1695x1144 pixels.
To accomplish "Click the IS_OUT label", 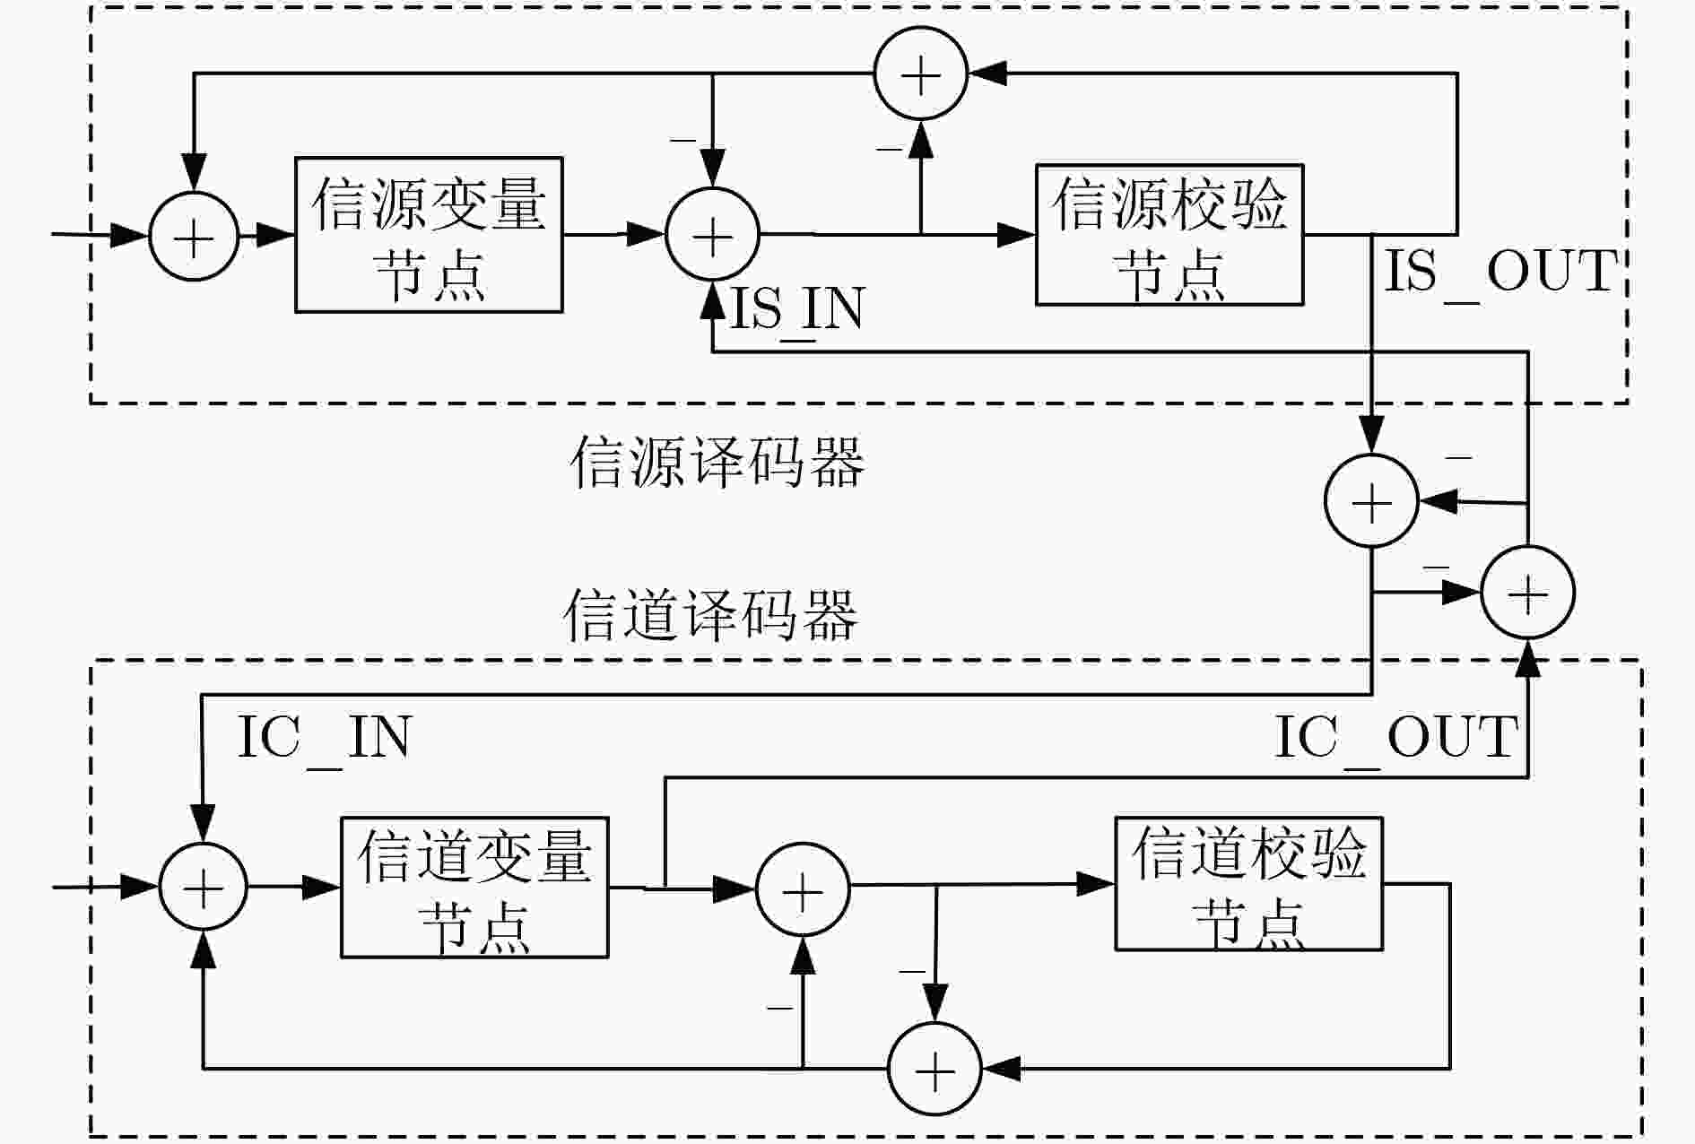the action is (x=1501, y=273).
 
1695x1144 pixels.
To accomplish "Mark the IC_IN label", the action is (x=324, y=739).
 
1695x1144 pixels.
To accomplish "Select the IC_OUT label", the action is (x=1396, y=739).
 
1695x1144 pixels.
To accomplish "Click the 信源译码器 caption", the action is (x=717, y=463).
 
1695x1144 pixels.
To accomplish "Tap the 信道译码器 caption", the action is (x=710, y=615).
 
